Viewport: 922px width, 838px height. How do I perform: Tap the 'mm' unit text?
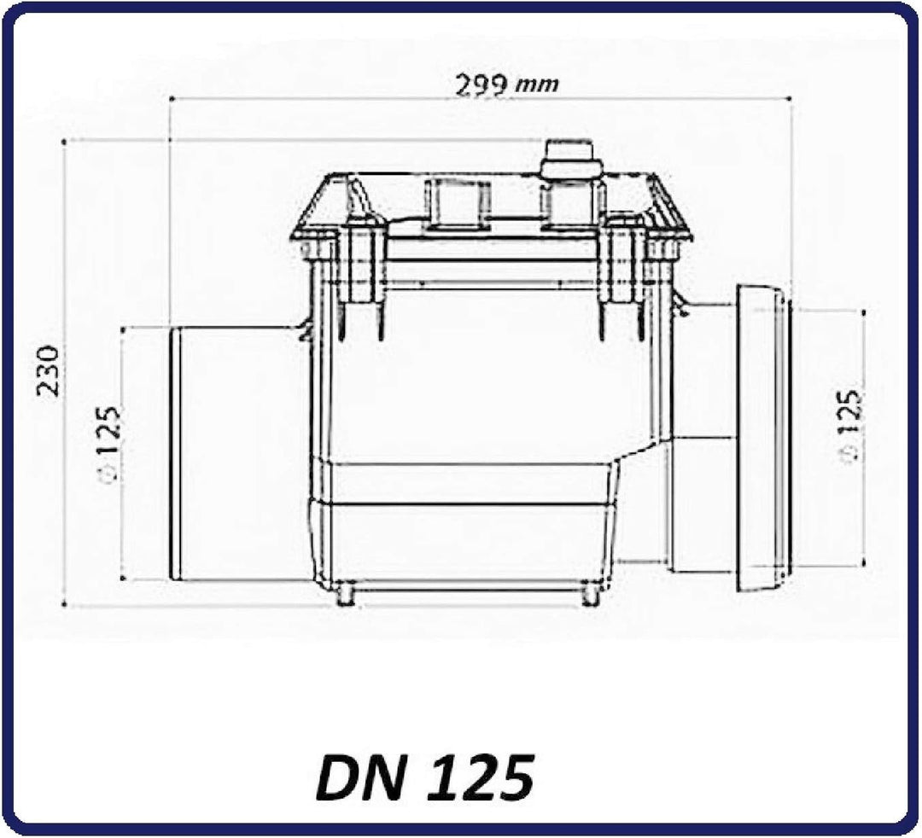pos(536,86)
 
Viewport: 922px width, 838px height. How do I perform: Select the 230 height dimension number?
pos(48,371)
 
